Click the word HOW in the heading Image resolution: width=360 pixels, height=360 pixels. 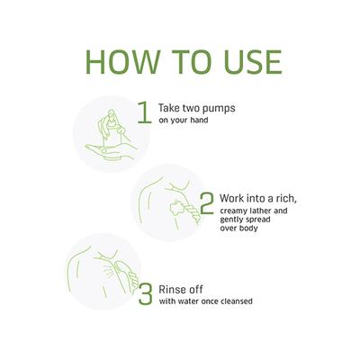122,62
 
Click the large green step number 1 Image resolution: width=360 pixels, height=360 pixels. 145,112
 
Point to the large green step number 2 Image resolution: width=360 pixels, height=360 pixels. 207,203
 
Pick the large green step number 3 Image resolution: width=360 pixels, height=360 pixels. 146,294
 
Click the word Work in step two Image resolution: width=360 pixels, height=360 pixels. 231,198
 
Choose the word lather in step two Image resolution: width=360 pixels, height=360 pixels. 260,211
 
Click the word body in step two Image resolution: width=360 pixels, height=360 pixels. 248,228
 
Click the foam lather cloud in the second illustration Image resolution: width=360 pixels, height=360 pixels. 176,207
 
